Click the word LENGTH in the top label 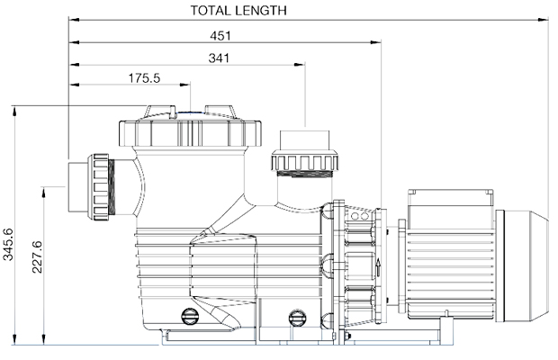pyautogui.click(x=262, y=11)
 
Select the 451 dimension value pyautogui.click(x=221, y=36)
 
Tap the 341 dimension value pyautogui.click(x=218, y=58)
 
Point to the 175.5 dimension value pyautogui.click(x=144, y=78)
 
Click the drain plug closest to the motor pyautogui.click(x=296, y=316)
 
